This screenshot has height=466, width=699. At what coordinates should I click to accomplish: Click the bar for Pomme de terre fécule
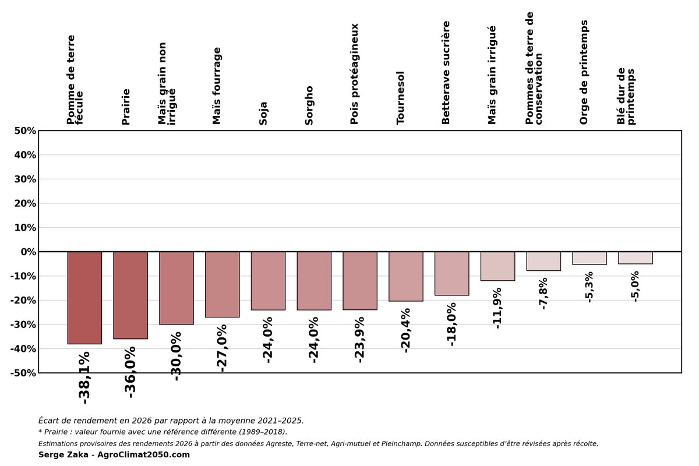point(84,298)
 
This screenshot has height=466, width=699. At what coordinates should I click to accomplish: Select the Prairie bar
point(130,295)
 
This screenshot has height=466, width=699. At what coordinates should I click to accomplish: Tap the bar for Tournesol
point(406,277)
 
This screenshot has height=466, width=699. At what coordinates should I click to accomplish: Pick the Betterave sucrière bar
point(452,273)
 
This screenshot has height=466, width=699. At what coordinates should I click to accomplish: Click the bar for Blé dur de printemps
point(636,258)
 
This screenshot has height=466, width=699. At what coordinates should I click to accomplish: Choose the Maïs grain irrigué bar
point(497,266)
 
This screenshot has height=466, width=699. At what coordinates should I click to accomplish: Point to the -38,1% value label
point(84,377)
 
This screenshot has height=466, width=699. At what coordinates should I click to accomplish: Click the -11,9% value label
point(497,308)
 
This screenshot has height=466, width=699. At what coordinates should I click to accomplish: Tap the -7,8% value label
point(543,294)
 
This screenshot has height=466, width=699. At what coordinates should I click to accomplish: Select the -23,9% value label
point(360,340)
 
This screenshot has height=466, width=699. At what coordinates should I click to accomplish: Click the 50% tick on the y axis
point(25,131)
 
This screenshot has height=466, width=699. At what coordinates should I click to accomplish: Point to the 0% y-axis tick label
point(29,252)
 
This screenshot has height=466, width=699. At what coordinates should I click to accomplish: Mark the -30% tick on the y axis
point(23,324)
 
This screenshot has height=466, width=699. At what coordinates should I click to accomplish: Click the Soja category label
point(263,114)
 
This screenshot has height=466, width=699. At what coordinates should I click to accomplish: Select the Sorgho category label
point(309,105)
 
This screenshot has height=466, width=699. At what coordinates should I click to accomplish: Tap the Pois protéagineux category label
point(355,74)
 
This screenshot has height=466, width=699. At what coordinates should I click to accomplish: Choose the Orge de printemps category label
point(584,72)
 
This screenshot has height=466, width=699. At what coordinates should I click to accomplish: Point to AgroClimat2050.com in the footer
point(143,454)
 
